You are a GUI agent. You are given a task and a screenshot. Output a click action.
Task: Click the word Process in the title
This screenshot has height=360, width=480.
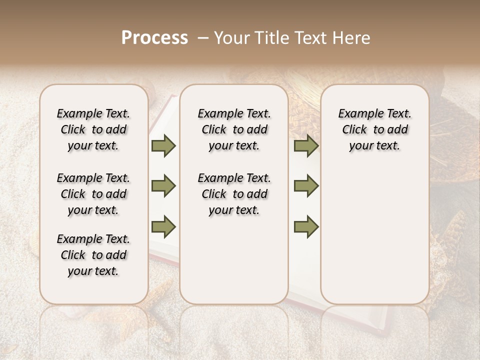click(154, 38)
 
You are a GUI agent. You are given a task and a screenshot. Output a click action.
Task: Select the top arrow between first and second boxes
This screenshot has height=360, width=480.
click(163, 146)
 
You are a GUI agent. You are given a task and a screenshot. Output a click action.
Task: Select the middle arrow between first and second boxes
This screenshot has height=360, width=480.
click(163, 186)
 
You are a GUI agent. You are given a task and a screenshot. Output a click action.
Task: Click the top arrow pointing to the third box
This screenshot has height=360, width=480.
click(306, 146)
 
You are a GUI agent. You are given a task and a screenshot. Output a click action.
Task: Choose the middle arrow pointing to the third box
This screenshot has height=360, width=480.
click(306, 186)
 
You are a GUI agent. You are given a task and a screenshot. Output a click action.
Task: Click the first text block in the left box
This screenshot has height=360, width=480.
click(93, 129)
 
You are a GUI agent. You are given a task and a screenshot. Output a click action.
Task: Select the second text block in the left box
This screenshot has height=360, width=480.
click(93, 194)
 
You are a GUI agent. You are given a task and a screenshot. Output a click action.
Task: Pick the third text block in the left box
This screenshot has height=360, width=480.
click(93, 255)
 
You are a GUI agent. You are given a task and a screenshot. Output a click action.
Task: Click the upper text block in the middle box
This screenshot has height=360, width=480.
click(234, 129)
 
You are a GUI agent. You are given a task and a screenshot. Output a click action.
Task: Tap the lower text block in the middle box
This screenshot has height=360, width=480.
click(234, 194)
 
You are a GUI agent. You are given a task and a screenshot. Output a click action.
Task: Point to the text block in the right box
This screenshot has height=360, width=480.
click(375, 129)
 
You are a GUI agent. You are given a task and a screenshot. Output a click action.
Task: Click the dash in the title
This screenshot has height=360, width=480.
click(202, 38)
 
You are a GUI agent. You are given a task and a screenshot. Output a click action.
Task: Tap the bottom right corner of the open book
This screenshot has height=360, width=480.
click(386, 334)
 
